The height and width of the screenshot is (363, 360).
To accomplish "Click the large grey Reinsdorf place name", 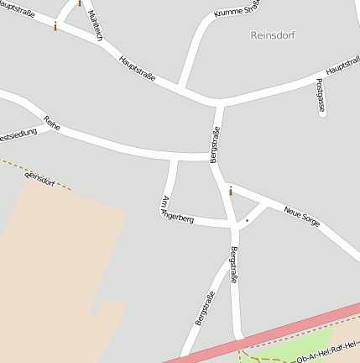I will click(x=273, y=35).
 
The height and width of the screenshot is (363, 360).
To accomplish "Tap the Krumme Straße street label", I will click(x=236, y=9).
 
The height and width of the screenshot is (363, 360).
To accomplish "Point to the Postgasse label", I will click(x=321, y=96).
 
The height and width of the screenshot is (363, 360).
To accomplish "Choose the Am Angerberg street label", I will click(x=176, y=208).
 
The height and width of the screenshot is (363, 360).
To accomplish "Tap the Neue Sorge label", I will click(x=303, y=217).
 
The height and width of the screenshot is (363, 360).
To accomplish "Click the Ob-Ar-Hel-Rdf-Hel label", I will click(x=327, y=351).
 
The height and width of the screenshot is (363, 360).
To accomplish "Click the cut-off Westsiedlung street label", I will click(x=17, y=134).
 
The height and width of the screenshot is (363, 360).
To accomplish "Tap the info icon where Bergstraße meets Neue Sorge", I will click(x=231, y=192).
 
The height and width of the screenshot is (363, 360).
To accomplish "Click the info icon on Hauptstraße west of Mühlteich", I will click(x=55, y=26).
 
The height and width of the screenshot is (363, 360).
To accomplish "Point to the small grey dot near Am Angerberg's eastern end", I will click(x=247, y=220).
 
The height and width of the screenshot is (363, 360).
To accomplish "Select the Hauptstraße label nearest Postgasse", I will click(x=341, y=68).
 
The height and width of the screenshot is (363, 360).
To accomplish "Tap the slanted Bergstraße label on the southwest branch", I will click(x=205, y=308).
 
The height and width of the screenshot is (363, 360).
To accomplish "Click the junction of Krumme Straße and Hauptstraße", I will click(x=180, y=87).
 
